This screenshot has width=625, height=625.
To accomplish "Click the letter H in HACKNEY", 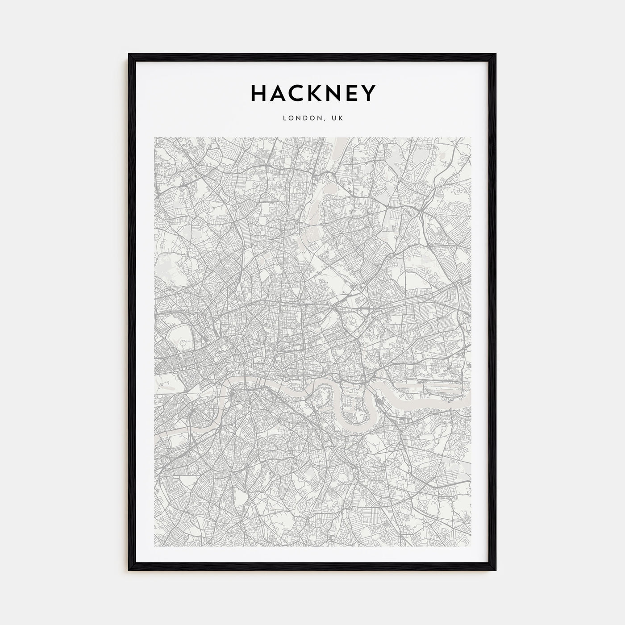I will pos(259,93).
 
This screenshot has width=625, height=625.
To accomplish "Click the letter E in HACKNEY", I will pos(355,93).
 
